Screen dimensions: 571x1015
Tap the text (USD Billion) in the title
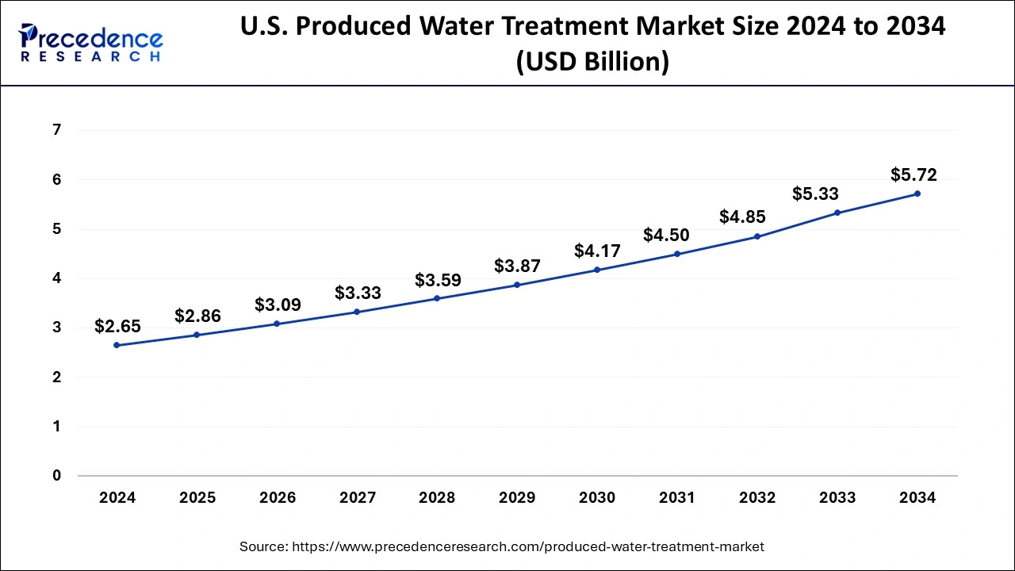(592, 61)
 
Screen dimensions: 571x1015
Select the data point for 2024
(117, 345)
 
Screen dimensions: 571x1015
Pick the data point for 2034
(917, 194)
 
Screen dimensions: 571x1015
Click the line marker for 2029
(517, 285)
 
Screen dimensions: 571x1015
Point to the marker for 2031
(677, 254)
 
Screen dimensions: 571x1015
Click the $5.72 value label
(913, 175)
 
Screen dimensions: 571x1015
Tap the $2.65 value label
(117, 326)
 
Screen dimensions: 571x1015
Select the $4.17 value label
(597, 251)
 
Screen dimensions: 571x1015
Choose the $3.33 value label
(358, 293)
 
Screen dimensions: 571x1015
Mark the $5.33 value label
(816, 194)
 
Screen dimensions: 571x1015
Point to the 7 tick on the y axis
(57, 130)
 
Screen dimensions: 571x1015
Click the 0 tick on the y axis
(57, 476)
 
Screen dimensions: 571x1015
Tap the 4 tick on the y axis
(57, 278)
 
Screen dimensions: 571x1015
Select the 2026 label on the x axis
(278, 498)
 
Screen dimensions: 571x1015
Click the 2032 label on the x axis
(757, 498)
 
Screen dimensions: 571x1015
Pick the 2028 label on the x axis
(437, 498)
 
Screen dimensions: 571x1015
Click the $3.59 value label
(438, 280)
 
